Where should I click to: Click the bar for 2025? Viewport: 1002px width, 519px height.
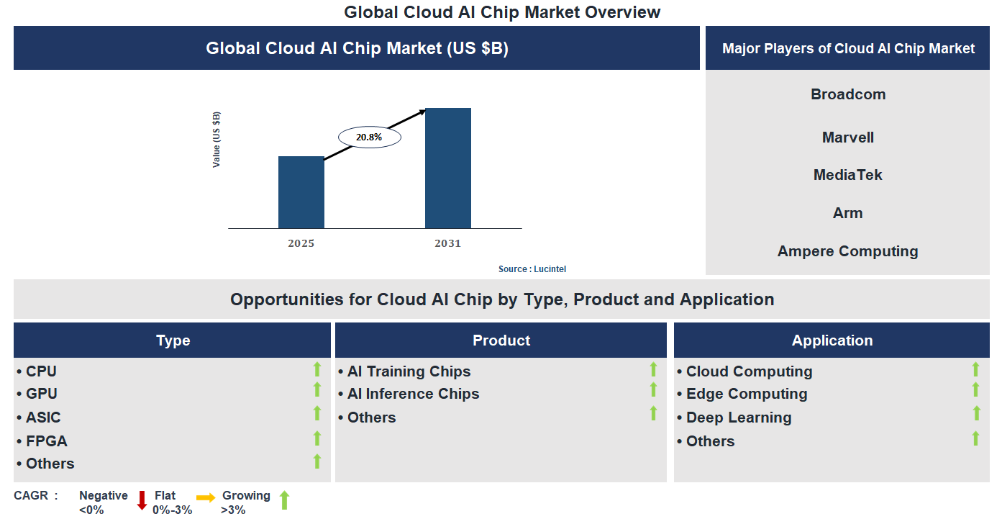coord(301,192)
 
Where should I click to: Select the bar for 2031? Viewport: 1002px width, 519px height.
coord(447,168)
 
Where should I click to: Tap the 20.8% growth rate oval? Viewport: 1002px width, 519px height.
coord(369,137)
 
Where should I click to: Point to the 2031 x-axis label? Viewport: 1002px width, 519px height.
coord(447,243)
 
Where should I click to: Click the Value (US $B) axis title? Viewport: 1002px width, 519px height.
coord(217,140)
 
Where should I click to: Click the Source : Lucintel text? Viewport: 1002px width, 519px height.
coord(532,269)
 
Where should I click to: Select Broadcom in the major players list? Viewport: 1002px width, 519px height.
coord(848,94)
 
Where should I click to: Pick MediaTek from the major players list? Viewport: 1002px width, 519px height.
coord(847,175)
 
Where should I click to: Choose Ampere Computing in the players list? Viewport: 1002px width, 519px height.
coord(847,251)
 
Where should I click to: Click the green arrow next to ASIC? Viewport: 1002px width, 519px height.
coord(316,413)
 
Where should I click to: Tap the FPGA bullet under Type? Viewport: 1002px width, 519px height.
coord(46,441)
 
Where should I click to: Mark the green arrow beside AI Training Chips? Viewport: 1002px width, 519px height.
coord(653,369)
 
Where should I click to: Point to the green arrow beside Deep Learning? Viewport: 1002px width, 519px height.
coord(976,413)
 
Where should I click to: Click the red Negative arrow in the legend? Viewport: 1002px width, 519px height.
coord(142,500)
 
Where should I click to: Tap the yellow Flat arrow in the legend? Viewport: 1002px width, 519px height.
coord(206,497)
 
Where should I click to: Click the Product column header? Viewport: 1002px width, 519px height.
coord(501,340)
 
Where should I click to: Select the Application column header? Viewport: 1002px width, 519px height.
coord(832,340)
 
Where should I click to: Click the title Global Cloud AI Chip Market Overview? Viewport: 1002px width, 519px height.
coord(501,12)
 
